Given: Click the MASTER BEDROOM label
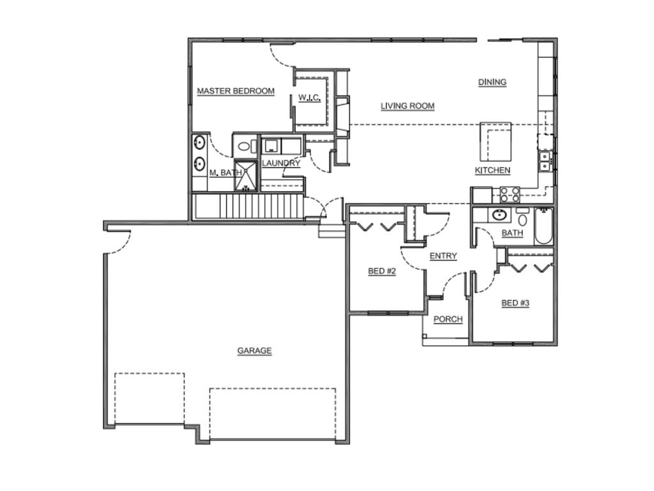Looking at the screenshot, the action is [236, 91].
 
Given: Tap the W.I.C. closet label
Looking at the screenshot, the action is [310, 98].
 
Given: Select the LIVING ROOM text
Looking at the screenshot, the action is [407, 106].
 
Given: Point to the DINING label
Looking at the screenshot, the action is [492, 82].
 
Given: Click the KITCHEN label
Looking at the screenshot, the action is [492, 170].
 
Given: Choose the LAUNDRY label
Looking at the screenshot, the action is [281, 163].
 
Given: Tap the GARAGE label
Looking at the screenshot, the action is [254, 351].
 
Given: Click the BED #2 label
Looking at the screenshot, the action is [382, 271].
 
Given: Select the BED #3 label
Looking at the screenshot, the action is [515, 303].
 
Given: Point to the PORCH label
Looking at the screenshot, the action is [448, 320].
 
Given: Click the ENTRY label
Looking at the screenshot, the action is [443, 256].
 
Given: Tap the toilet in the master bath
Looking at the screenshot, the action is [245, 146].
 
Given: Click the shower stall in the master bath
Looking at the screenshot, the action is [247, 175].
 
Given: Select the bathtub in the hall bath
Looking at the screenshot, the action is [544, 226].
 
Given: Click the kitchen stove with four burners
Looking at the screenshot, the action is [510, 194].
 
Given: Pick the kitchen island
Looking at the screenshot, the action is [496, 141].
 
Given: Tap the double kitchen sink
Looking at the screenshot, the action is [545, 162].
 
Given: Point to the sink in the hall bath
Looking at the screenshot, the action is [499, 215].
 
